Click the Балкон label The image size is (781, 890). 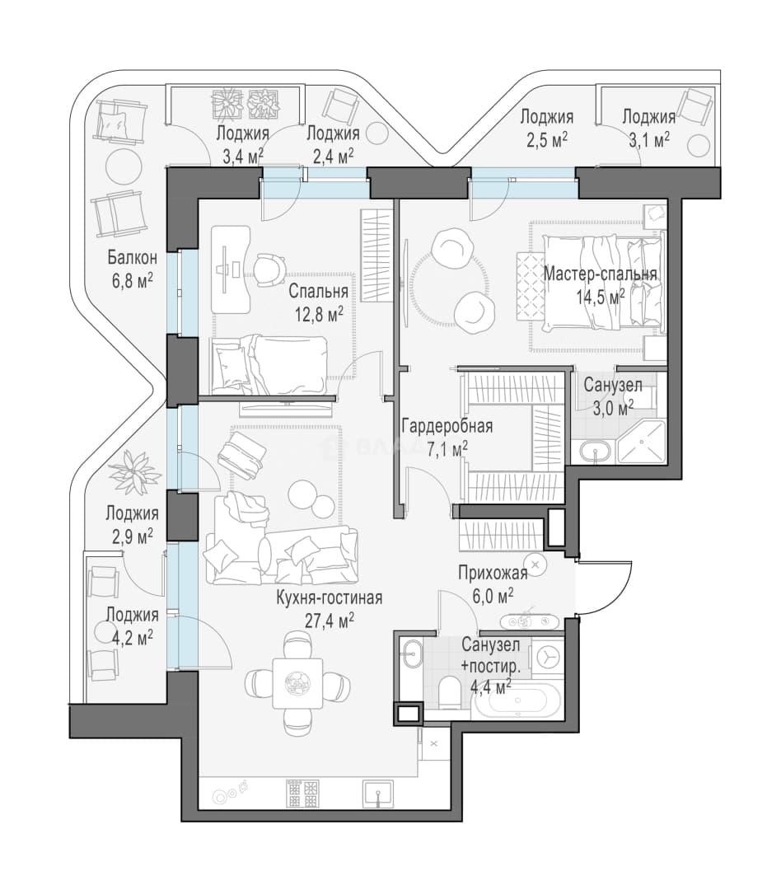tap(133, 258)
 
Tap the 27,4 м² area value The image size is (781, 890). tap(330, 620)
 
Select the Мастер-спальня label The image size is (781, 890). tap(600, 274)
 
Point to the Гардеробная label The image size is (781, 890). tap(447, 426)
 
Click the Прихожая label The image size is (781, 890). tap(493, 574)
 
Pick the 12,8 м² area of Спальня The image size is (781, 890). tap(319, 313)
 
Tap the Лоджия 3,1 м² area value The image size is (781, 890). tap(649, 139)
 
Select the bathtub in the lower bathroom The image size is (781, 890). tap(517, 700)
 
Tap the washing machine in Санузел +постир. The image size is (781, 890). tap(547, 658)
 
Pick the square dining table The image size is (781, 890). tap(297, 683)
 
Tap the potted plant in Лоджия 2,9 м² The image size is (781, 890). tap(134, 472)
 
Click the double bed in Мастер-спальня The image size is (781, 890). tap(601, 283)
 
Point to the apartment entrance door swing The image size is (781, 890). tap(601, 588)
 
